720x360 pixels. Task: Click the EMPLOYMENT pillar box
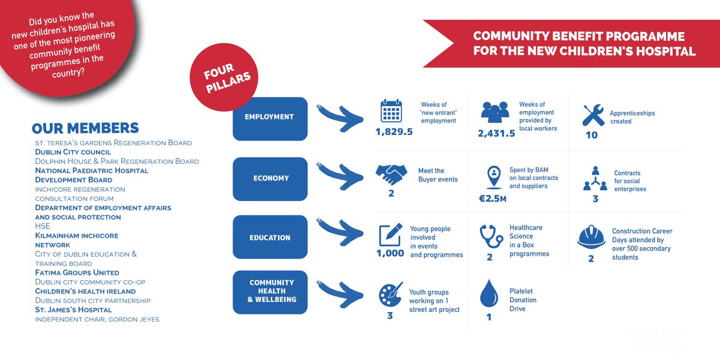click(x=269, y=118)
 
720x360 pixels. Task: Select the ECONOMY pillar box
click(x=269, y=178)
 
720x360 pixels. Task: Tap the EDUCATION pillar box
click(x=269, y=238)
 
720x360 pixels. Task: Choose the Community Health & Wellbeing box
click(x=269, y=292)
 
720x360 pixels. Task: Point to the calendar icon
click(x=391, y=111)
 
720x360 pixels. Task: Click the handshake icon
click(x=391, y=175)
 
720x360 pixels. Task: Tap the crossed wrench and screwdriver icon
click(x=593, y=115)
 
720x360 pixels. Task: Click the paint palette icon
click(x=391, y=295)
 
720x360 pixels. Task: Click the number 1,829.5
click(x=394, y=132)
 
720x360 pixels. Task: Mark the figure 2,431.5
click(x=496, y=133)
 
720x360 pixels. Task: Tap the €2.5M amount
click(x=493, y=198)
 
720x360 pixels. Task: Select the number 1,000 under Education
click(x=390, y=253)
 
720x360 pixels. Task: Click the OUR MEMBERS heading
click(x=85, y=128)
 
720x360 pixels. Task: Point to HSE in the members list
click(x=43, y=226)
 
